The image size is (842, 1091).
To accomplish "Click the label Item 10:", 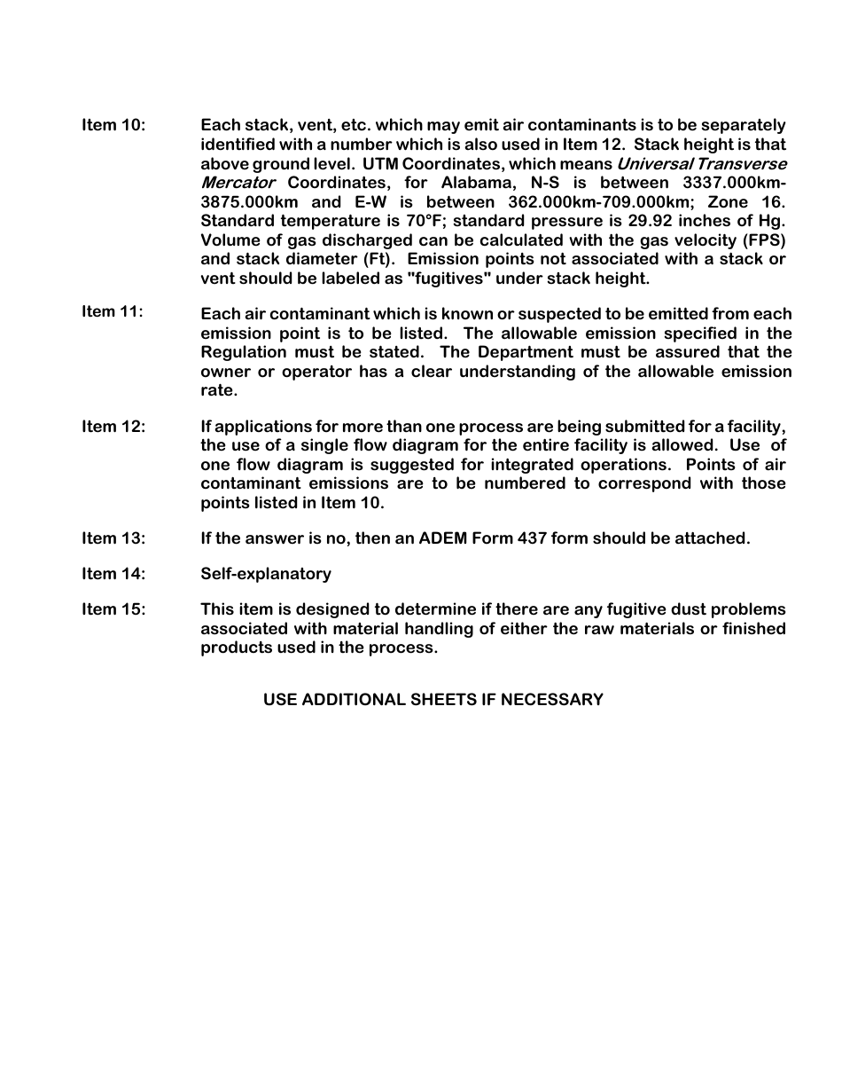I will point(113,125).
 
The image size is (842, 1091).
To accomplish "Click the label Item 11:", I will point(113,311).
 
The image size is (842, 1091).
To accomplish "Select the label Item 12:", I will point(113,427).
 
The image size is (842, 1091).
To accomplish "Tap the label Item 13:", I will point(113,538).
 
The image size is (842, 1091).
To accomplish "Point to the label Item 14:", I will point(113,574).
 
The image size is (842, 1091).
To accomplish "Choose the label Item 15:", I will point(113,609).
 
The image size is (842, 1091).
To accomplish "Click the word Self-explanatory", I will point(266,574).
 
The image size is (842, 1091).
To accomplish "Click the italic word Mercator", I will point(238,183).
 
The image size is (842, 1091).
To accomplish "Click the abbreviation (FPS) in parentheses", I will point(764,240).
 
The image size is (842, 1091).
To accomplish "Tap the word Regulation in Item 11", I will point(244,352).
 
